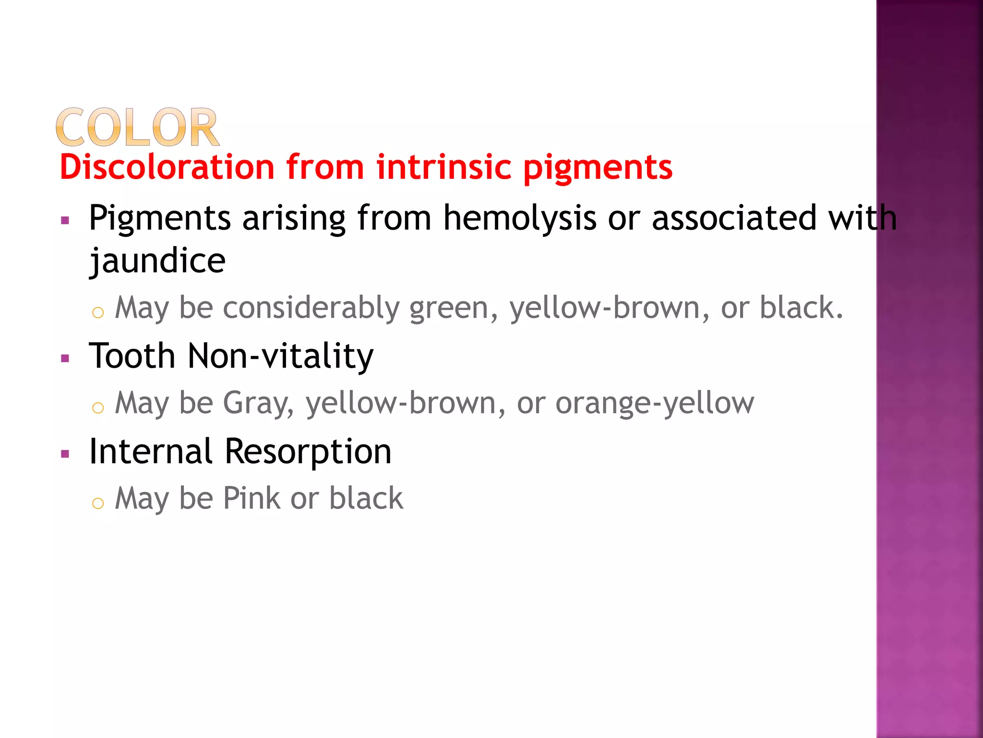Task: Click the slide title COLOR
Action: pyautogui.click(x=137, y=127)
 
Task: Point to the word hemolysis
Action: pyautogui.click(x=519, y=219)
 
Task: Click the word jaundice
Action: pyautogui.click(x=157, y=261)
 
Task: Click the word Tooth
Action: pyautogui.click(x=132, y=356)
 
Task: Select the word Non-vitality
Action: pyautogui.click(x=280, y=356)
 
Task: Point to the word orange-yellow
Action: pyautogui.click(x=655, y=404)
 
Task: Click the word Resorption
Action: pyautogui.click(x=308, y=453)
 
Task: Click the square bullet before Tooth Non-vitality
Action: pyautogui.click(x=65, y=358)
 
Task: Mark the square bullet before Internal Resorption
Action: pyautogui.click(x=65, y=454)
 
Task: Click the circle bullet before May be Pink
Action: pyautogui.click(x=98, y=503)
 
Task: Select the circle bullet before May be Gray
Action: pyautogui.click(x=98, y=408)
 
